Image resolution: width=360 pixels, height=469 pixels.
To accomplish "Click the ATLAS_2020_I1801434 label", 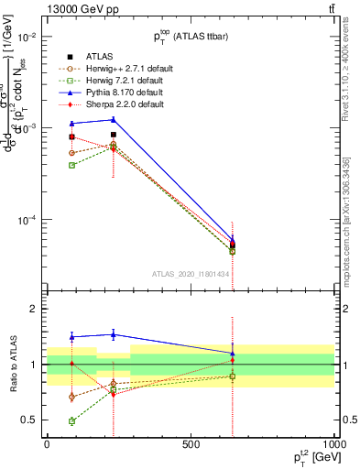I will coord(191,275).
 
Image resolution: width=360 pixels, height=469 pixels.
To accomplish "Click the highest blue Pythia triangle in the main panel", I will coord(114,119).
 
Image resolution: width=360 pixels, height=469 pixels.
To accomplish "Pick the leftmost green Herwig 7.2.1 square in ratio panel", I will coord(71,421).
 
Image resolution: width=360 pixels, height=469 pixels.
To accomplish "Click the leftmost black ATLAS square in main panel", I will coord(71,136).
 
